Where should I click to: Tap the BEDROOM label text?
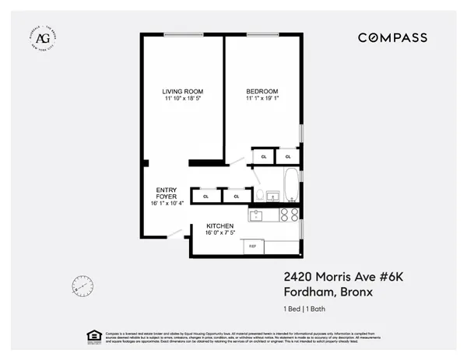pos(261,91)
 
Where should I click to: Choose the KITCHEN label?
pos(220,225)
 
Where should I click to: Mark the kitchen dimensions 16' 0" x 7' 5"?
pos(220,233)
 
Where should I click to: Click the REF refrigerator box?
pos(252,246)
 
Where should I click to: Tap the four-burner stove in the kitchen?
pos(290,214)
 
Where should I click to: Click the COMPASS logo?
pos(392,37)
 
